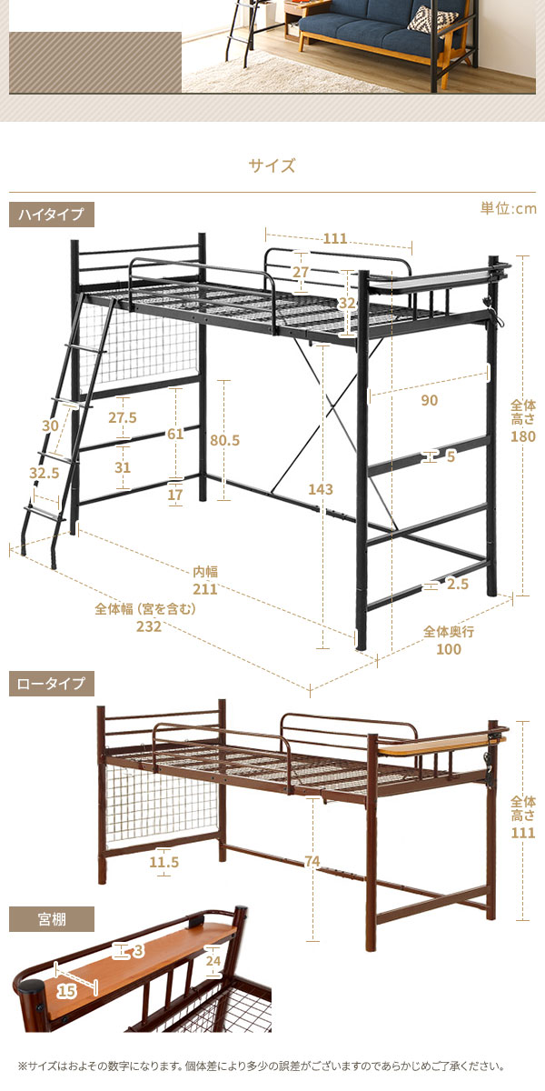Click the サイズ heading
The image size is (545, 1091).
click(x=272, y=165)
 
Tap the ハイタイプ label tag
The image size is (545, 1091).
click(x=52, y=215)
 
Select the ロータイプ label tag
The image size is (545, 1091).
click(x=52, y=684)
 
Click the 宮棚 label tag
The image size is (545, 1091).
click(x=52, y=919)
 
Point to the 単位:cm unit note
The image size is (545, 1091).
click(x=509, y=208)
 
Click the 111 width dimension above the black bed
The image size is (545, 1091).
click(x=335, y=238)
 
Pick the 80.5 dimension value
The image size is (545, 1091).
click(x=225, y=440)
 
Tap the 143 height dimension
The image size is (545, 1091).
click(x=321, y=489)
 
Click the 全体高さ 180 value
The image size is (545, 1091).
click(x=523, y=436)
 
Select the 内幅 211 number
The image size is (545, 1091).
click(x=205, y=589)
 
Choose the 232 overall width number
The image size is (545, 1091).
click(x=148, y=626)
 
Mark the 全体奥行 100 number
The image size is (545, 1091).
click(x=449, y=649)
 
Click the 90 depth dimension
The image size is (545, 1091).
click(x=429, y=400)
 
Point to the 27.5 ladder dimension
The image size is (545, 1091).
click(x=123, y=417)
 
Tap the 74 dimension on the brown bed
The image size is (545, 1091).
click(x=312, y=862)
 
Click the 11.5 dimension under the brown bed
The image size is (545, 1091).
click(x=164, y=862)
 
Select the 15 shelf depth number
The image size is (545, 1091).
click(x=66, y=991)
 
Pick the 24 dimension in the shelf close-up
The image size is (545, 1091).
click(x=213, y=961)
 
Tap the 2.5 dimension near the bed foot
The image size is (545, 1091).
click(x=458, y=584)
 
